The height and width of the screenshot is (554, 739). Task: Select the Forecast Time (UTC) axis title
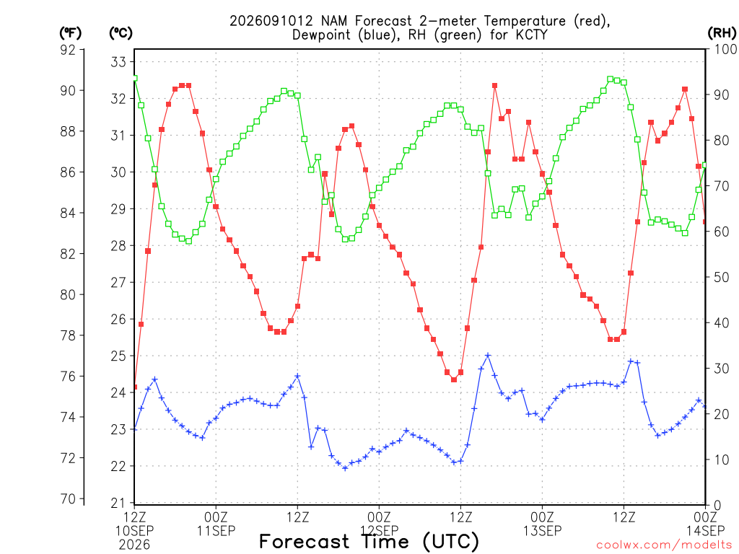[369, 542]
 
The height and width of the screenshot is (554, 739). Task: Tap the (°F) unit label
[70, 33]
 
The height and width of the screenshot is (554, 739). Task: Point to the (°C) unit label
[121, 33]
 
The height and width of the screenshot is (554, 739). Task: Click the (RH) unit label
[722, 33]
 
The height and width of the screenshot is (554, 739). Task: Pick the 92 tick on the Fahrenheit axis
[68, 50]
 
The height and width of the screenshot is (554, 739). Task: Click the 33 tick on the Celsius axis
[118, 62]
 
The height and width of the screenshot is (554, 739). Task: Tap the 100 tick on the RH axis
[726, 49]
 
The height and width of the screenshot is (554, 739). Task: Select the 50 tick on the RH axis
[722, 277]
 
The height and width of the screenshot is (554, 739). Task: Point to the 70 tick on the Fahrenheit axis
[68, 498]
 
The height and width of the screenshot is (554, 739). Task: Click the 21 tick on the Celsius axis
[118, 503]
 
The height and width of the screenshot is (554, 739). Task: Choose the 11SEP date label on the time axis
[216, 531]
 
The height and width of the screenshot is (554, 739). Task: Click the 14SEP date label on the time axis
[705, 531]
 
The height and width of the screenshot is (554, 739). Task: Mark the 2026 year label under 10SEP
[134, 545]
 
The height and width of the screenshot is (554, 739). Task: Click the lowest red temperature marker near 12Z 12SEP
[454, 379]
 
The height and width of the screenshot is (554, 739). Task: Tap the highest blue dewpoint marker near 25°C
[488, 356]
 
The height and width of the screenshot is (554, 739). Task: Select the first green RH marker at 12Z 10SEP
[135, 78]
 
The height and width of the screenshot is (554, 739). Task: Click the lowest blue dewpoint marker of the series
[345, 468]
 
